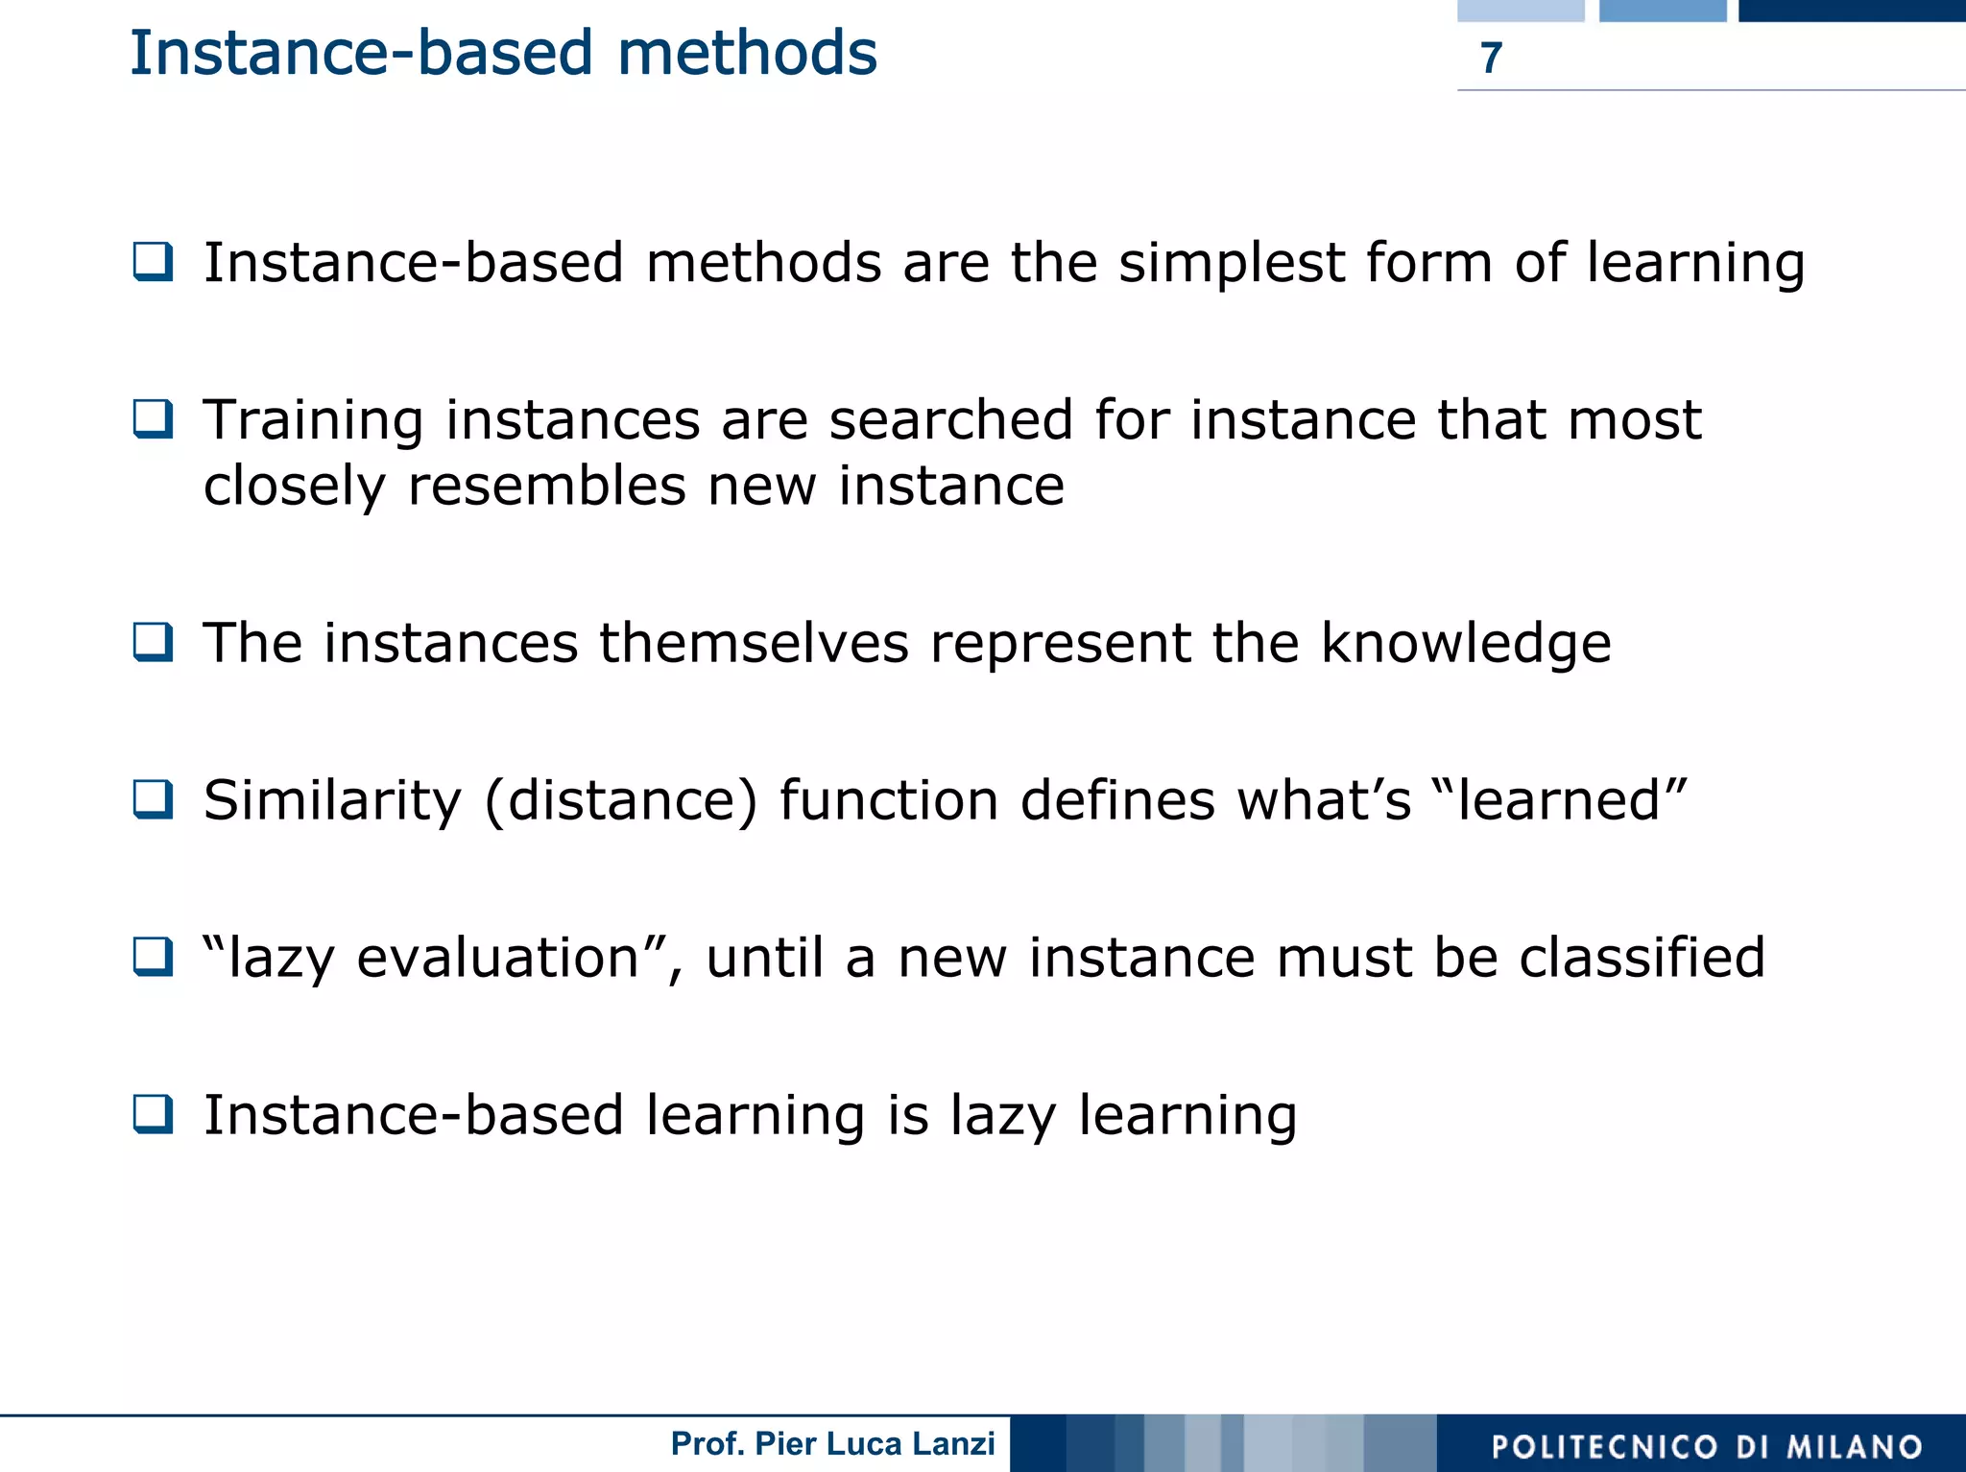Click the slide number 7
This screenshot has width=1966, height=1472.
(x=1490, y=59)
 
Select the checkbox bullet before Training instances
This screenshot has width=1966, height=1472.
(x=154, y=419)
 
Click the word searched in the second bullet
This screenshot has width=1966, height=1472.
(x=950, y=421)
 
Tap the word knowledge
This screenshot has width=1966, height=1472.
(x=1465, y=644)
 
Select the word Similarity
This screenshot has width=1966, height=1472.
(x=332, y=801)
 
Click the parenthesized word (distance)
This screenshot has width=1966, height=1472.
(x=621, y=801)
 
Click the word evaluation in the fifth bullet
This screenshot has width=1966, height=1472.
(x=497, y=959)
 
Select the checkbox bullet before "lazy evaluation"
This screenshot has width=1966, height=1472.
(x=154, y=957)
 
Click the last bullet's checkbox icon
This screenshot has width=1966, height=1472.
(x=154, y=1114)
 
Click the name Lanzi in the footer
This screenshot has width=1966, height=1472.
(x=953, y=1444)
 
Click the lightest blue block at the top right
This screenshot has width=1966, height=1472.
(x=1520, y=11)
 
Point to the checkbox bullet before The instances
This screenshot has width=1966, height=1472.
(x=154, y=642)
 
